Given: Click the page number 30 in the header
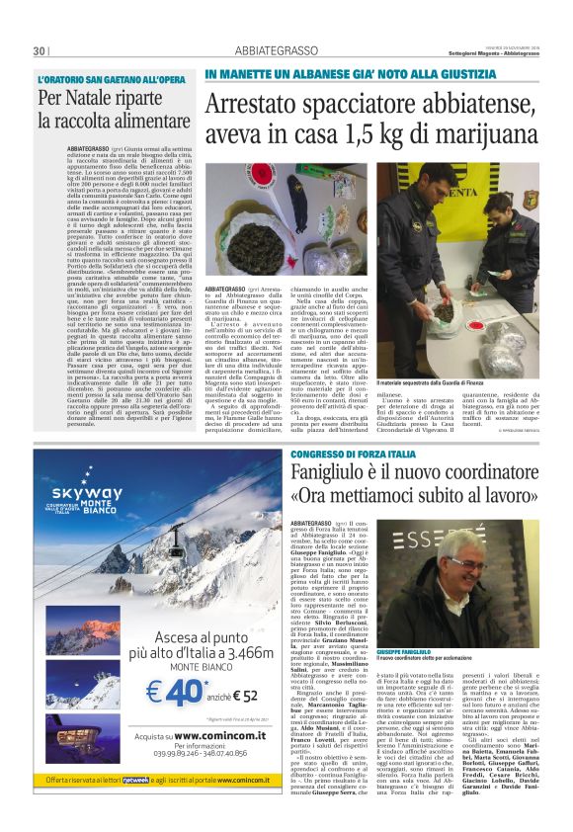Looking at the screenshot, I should pos(39,50).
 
